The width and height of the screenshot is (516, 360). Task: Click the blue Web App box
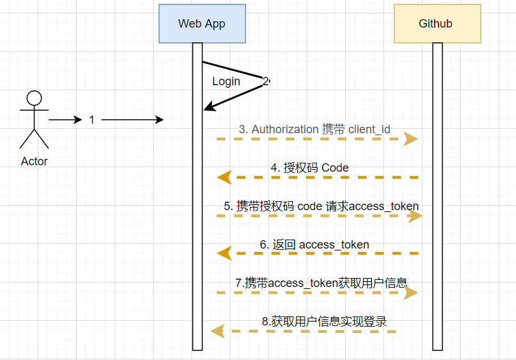coord(202,24)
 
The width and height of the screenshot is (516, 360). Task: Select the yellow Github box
coord(437,24)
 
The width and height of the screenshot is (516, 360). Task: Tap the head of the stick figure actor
coord(34,98)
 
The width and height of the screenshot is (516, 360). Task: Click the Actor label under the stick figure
coord(34,161)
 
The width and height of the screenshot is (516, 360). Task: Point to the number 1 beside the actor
coord(92,120)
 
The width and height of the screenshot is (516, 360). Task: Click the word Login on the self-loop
coord(226,81)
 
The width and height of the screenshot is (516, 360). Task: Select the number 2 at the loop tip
coord(266,81)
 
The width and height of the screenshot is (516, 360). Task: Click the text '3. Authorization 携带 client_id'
coord(314,129)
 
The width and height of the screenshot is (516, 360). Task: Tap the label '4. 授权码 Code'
coord(309,168)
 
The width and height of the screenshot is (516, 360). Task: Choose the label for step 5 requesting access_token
coord(321,206)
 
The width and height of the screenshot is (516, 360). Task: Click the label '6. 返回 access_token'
coord(314,245)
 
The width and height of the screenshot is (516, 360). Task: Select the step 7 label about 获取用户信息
coord(321,282)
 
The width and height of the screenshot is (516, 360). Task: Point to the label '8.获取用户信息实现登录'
coord(325,322)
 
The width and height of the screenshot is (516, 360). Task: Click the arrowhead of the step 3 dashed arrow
coord(411,139)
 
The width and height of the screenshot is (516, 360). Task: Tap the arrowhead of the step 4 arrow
coord(224,177)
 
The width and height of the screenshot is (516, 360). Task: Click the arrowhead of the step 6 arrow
coord(224,254)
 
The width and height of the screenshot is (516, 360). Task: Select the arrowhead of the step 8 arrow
coord(218,331)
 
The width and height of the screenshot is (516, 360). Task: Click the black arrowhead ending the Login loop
coord(208,107)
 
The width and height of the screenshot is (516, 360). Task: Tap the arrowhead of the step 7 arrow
coord(411,293)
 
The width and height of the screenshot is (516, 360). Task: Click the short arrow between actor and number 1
coord(65,120)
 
